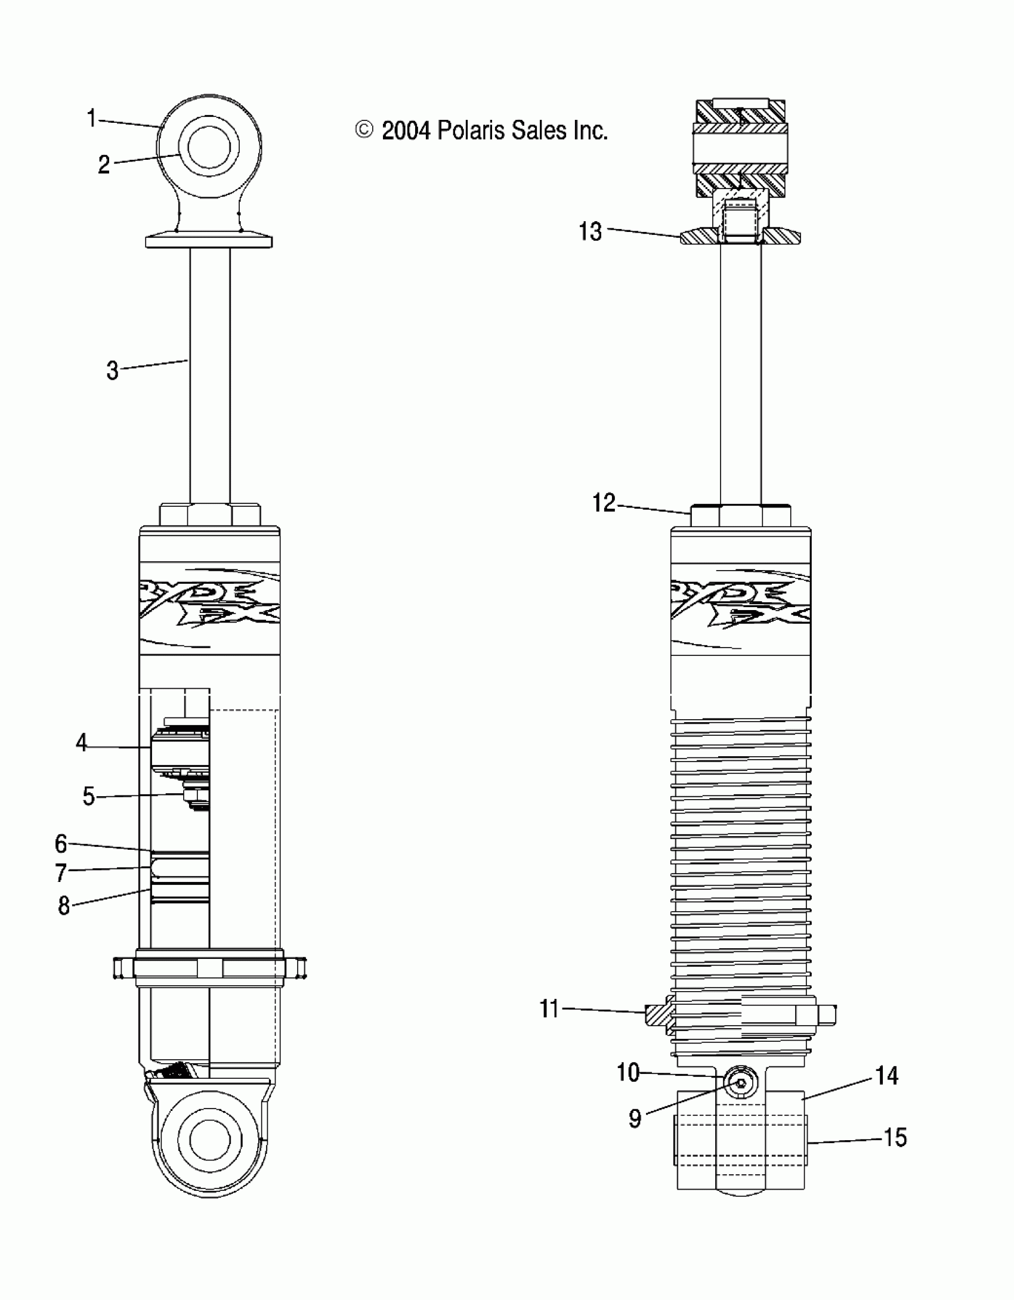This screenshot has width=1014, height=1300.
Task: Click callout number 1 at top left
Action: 91,118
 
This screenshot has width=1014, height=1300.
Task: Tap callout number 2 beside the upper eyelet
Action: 104,165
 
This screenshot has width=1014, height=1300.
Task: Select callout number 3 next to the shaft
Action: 112,370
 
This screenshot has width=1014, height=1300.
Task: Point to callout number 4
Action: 81,742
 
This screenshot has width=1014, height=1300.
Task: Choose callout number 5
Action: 88,796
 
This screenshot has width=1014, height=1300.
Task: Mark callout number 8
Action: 64,906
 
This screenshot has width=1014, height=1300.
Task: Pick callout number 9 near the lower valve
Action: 635,1119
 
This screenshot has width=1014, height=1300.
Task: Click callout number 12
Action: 603,503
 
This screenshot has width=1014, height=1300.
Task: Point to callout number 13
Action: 591,231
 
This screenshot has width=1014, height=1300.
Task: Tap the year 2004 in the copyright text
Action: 406,131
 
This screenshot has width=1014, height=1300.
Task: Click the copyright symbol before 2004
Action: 364,130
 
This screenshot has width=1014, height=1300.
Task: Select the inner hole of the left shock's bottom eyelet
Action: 209,1140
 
